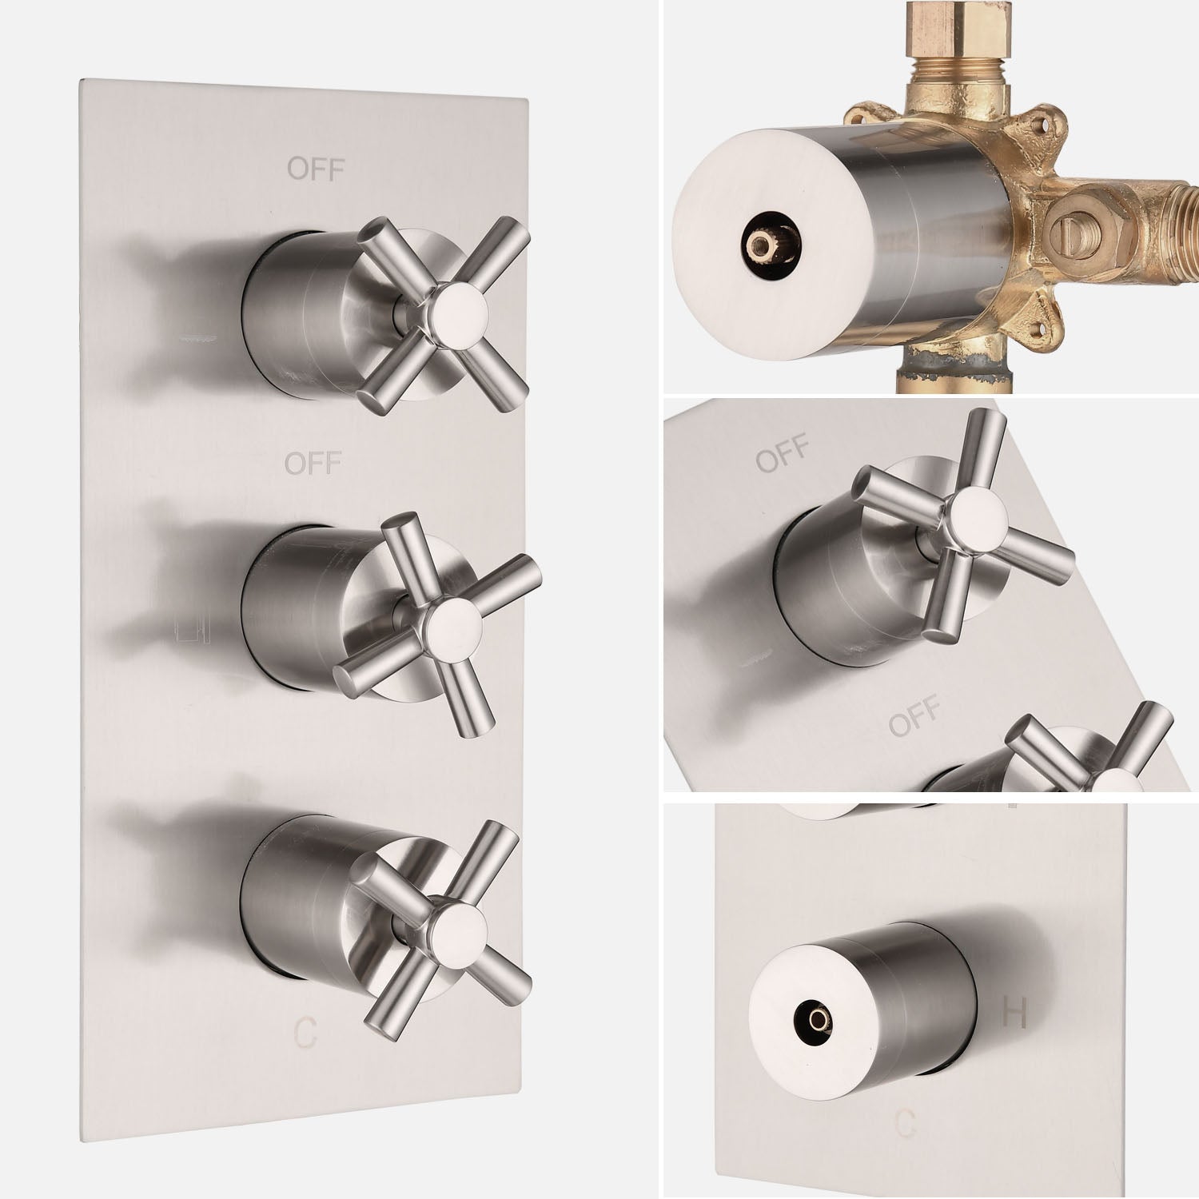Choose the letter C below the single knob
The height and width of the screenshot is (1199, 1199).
(x=905, y=1124)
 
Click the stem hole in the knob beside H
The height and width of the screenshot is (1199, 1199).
(x=816, y=1018)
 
